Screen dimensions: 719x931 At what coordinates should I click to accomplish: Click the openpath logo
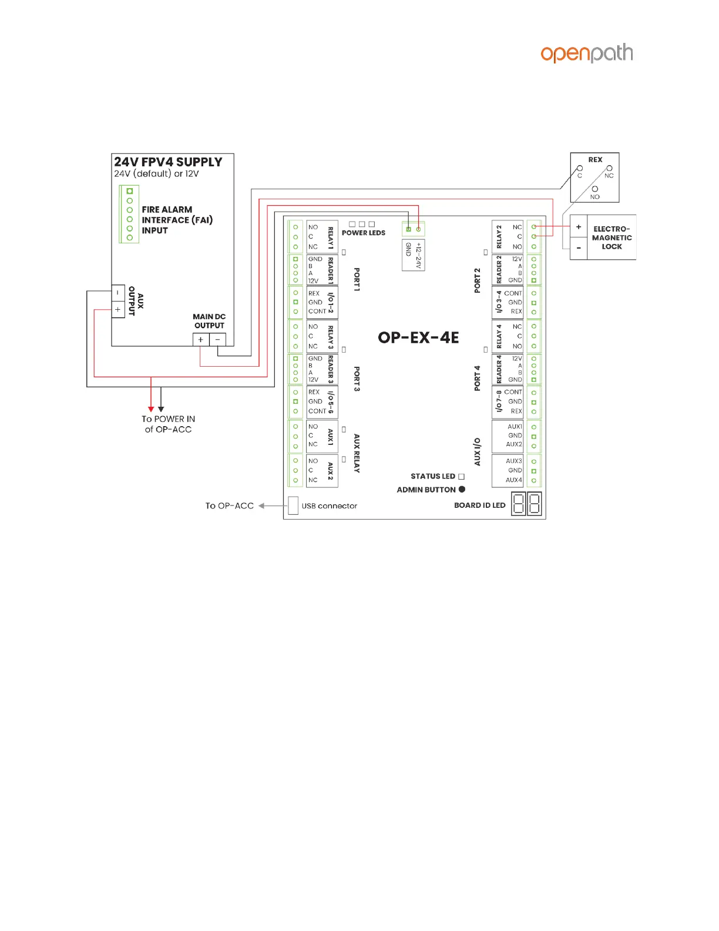click(x=586, y=53)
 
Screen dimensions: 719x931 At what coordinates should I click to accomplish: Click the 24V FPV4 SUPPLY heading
click(x=168, y=162)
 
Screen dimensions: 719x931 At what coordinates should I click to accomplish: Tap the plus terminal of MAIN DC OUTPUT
click(x=200, y=339)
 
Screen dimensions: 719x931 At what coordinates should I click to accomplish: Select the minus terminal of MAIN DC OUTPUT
click(x=217, y=339)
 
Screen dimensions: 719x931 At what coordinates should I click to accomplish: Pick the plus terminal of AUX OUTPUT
click(x=117, y=309)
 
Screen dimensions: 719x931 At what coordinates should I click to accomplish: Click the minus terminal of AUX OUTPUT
click(x=117, y=293)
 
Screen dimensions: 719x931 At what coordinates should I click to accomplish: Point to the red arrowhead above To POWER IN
click(x=151, y=409)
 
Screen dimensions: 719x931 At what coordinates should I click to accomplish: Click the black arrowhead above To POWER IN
click(x=161, y=409)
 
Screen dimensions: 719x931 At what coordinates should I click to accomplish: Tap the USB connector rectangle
click(x=293, y=505)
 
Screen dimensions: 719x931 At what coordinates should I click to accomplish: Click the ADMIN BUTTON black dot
click(x=462, y=489)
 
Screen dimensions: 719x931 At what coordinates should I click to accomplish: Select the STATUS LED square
click(x=461, y=477)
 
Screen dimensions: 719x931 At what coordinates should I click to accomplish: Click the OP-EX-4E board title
click(x=418, y=337)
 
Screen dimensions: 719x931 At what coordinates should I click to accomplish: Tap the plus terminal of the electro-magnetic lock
click(x=579, y=227)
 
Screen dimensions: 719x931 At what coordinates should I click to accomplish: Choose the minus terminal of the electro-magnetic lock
click(x=579, y=248)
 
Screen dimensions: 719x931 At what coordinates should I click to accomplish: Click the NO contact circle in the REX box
click(x=595, y=189)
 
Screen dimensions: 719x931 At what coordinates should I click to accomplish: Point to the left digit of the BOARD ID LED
click(x=518, y=504)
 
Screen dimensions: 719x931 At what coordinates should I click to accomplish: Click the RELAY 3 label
click(x=331, y=337)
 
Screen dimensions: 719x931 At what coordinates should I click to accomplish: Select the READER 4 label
click(x=499, y=369)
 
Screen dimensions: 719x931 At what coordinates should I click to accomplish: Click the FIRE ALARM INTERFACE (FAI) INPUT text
click(x=177, y=220)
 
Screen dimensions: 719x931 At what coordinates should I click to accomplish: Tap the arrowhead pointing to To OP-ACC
click(x=261, y=505)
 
